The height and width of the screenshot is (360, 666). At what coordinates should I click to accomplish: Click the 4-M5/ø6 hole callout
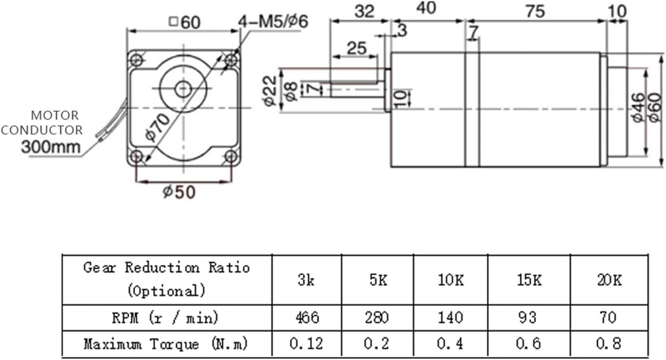coord(273,23)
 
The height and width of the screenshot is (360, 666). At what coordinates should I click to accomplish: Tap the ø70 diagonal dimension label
coord(159,126)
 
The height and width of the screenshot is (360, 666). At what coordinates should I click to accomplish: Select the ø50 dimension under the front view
coord(179,192)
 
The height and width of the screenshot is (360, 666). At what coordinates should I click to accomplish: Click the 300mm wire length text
coord(51,147)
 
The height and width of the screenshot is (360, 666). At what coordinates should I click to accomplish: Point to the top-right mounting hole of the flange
coord(232,60)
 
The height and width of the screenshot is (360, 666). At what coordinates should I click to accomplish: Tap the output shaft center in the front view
coord(183,89)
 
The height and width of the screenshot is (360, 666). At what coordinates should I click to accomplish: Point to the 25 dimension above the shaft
coord(356,47)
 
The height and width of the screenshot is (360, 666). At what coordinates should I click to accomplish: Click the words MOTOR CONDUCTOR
coord(42,123)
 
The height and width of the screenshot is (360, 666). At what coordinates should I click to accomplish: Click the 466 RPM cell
coord(306,317)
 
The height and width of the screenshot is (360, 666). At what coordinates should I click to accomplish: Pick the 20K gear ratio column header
coord(609,280)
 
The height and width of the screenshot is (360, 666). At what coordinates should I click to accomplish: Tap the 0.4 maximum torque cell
coord(450,343)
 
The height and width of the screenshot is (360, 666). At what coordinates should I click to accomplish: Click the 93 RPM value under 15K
coord(528,317)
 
